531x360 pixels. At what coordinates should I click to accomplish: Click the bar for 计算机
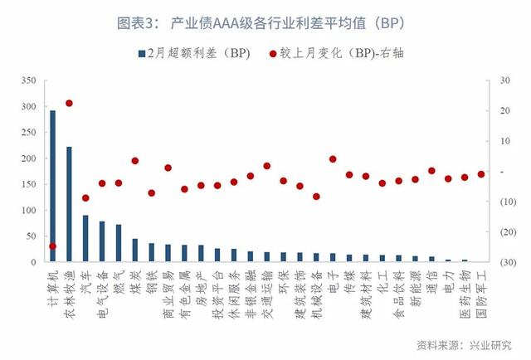pos(53,187)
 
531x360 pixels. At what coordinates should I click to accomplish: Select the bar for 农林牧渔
pos(70,205)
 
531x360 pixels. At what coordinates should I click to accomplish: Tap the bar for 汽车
pos(85,239)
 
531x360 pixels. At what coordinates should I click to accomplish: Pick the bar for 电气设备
pos(102,241)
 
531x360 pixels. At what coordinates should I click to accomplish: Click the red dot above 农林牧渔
pos(70,104)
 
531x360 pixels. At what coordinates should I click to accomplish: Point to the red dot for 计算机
pos(53,246)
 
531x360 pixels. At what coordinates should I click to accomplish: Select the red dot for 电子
pos(333,159)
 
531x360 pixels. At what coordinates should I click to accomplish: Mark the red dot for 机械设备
pos(316,197)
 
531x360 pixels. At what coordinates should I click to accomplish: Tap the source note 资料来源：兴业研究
pos(464,344)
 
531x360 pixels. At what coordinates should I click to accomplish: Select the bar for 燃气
pos(119,244)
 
